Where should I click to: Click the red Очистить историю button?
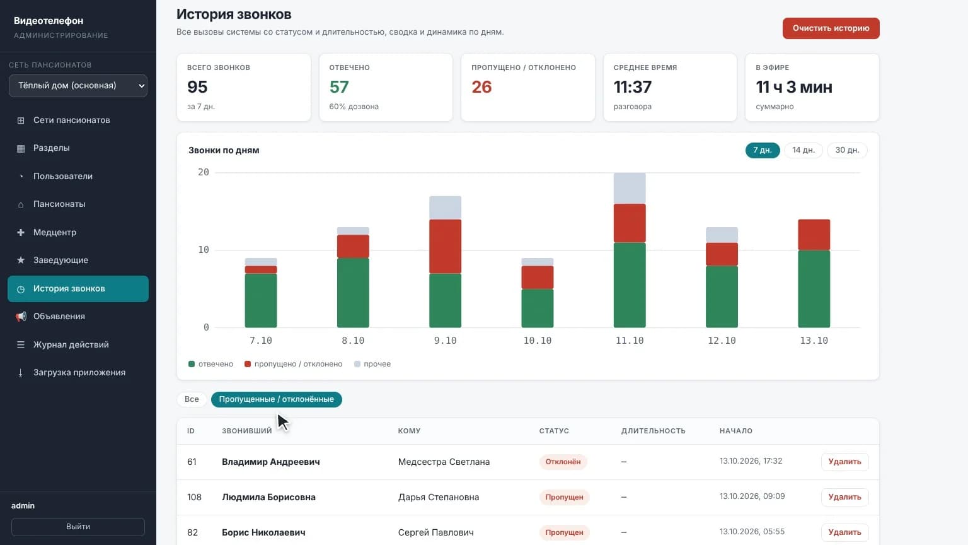pyautogui.click(x=831, y=28)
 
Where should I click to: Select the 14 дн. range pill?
pyautogui.click(x=804, y=150)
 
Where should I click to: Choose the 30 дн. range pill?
pyautogui.click(x=847, y=150)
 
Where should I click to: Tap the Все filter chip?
pyautogui.click(x=192, y=399)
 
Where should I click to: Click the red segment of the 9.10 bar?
pyautogui.click(x=445, y=247)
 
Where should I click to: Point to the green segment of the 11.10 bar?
pyautogui.click(x=630, y=285)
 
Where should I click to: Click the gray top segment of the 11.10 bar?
pyautogui.click(x=630, y=189)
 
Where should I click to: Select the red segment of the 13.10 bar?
pyautogui.click(x=814, y=235)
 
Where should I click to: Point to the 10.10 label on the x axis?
pyautogui.click(x=537, y=341)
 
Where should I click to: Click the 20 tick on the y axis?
pyautogui.click(x=204, y=172)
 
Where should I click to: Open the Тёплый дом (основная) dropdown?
pyautogui.click(x=78, y=86)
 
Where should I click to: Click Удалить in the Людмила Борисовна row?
pyautogui.click(x=845, y=497)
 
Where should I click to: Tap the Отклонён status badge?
pyautogui.click(x=563, y=462)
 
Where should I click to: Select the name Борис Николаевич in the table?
pyautogui.click(x=263, y=532)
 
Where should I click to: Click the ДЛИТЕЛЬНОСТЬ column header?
pyautogui.click(x=653, y=431)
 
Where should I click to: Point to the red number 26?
pyautogui.click(x=481, y=87)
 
